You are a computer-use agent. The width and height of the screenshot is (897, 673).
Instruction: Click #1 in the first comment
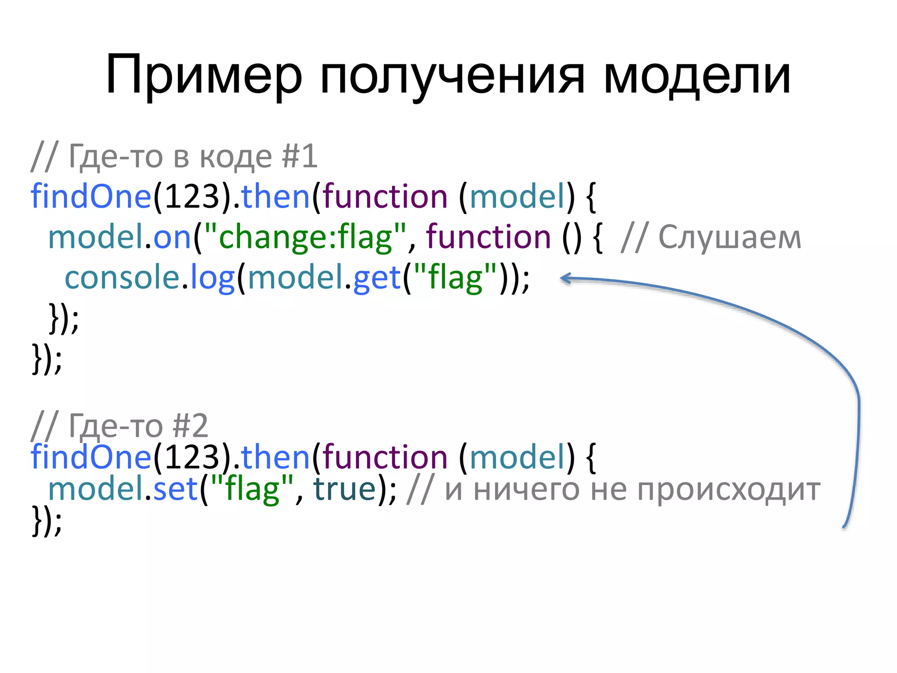pyautogui.click(x=300, y=156)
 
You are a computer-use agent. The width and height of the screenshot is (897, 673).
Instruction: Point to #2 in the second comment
pyautogui.click(x=190, y=425)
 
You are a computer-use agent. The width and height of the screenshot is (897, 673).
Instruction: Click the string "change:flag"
pyautogui.click(x=305, y=237)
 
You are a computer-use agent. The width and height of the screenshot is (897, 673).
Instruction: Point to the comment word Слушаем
pyautogui.click(x=730, y=237)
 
